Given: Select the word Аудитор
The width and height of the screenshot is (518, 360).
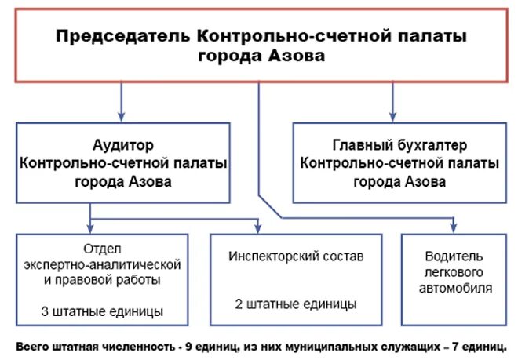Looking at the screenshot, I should click(122, 145).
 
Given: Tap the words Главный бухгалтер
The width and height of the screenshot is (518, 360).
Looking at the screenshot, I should click(399, 145).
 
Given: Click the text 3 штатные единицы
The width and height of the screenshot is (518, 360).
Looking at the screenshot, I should click(103, 311).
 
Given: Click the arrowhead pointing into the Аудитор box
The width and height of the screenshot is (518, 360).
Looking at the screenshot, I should click(122, 116).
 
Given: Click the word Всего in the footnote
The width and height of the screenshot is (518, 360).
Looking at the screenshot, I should click(31, 345).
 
